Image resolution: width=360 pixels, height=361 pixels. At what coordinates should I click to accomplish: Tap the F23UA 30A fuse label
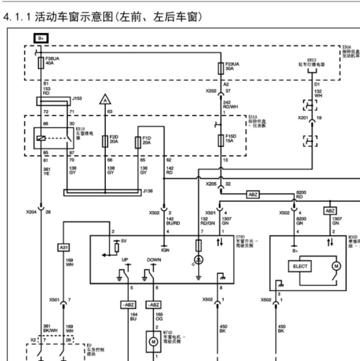pyautogui.click(x=233, y=66)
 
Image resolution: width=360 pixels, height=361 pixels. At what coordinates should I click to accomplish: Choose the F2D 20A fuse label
pyautogui.click(x=114, y=139)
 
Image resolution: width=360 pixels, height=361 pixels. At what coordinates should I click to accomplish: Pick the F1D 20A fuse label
pyautogui.click(x=146, y=139)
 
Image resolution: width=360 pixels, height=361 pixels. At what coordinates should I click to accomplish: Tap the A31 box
pyautogui.click(x=63, y=247)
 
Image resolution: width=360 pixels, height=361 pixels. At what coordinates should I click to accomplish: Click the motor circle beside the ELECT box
pyautogui.click(x=335, y=266)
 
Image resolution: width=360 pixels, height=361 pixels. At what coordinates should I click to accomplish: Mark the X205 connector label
pyautogui.click(x=210, y=184)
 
